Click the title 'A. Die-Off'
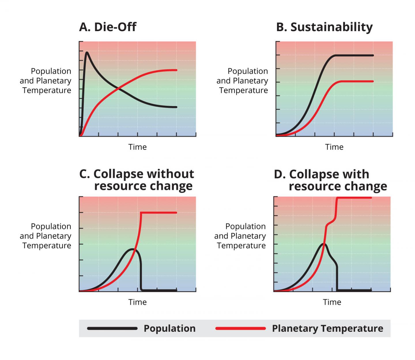point(107,27)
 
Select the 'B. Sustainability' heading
point(324,27)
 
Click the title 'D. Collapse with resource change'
point(330,180)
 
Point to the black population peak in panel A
point(87,52)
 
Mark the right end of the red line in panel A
point(176,70)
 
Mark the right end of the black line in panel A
point(176,107)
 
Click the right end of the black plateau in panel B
point(373,55)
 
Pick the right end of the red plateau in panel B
point(373,81)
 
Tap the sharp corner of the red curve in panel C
point(141,213)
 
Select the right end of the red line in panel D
point(371,198)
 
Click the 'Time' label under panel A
point(137,147)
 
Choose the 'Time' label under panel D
point(332,302)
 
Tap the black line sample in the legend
point(112,328)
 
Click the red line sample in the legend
point(240,328)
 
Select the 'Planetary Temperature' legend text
point(327,328)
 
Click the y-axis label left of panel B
point(243,81)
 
